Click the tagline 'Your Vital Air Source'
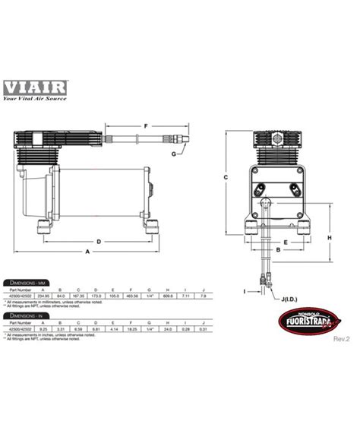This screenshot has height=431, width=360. coord(36,97)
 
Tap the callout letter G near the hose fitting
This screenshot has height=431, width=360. coord(175,154)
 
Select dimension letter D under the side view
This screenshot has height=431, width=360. coord(98,241)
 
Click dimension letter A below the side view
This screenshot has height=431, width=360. coord(88,251)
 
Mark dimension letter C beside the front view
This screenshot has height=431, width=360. coord(226,176)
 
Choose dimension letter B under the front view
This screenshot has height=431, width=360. coord(278,249)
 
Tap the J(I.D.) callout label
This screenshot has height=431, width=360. coord(290,299)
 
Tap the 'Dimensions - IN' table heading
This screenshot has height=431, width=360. coord(26,315)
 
